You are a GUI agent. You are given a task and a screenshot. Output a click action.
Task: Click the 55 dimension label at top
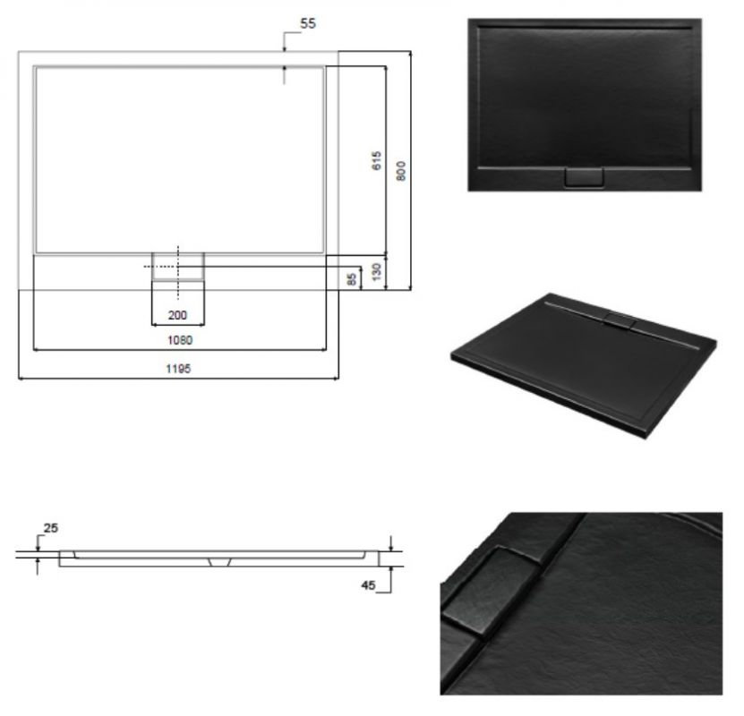coord(308,23)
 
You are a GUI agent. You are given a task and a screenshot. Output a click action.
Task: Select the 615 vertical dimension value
coord(376,161)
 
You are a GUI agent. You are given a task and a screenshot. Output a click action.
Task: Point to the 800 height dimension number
coord(401,171)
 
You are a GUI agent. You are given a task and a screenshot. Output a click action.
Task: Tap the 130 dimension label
coord(376,272)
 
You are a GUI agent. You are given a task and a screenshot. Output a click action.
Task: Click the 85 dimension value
coord(352,279)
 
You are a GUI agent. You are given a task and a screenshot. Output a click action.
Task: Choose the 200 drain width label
coord(177,315)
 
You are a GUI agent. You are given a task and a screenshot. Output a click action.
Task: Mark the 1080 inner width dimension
coord(180,340)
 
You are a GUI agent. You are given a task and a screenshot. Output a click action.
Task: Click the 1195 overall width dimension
coord(178,369)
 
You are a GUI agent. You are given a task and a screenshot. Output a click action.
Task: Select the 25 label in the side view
coord(51,528)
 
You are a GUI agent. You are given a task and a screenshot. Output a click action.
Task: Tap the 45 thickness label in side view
coord(368,585)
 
